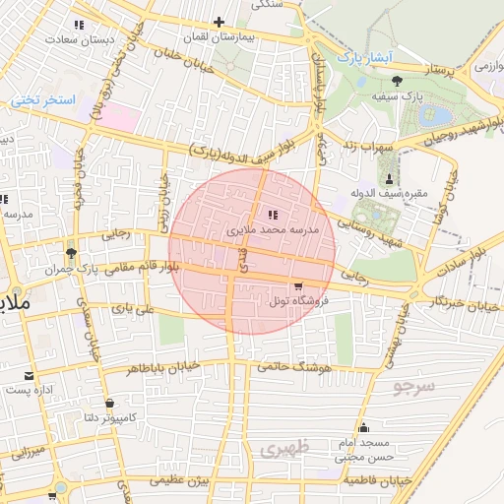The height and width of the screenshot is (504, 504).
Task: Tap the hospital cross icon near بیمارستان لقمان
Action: point(219,21)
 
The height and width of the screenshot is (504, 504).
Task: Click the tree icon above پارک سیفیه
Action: point(397,83)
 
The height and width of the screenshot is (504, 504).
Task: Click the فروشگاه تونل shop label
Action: point(298,301)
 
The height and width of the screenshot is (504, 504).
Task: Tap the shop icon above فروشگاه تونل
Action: point(298,287)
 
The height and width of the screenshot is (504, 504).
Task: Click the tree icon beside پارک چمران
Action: point(68,251)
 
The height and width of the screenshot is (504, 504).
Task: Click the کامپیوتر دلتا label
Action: point(106,417)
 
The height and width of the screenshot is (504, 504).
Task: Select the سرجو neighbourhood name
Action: point(413,386)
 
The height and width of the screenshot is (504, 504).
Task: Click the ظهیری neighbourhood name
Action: point(285,449)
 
